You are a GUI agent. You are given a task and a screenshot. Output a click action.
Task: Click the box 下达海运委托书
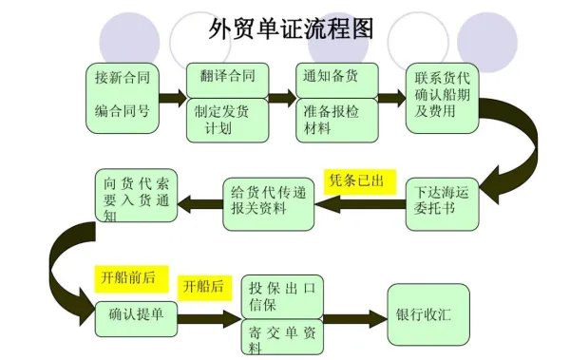444,200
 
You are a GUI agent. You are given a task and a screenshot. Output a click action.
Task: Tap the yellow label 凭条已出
356,180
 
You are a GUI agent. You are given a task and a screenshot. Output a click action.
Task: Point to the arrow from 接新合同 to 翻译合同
172,98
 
